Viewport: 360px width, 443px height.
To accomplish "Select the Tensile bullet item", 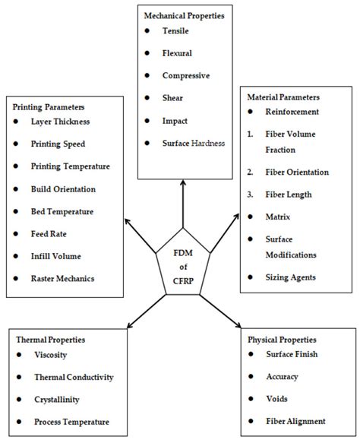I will [175, 30].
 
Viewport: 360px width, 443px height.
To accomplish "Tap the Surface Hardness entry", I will [194, 144].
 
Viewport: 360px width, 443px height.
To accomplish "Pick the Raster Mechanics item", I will [63, 279].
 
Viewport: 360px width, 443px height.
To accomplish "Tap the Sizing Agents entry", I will [295, 278].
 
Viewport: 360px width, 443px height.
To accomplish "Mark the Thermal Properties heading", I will [50, 339].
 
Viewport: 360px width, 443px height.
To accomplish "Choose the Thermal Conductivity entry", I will [74, 377].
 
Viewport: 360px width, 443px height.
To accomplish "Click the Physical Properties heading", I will [282, 339].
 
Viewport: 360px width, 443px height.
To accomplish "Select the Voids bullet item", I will [279, 399].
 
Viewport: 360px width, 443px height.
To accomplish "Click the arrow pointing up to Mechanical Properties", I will [182, 199].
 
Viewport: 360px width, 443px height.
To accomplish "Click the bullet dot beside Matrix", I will [251, 217].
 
